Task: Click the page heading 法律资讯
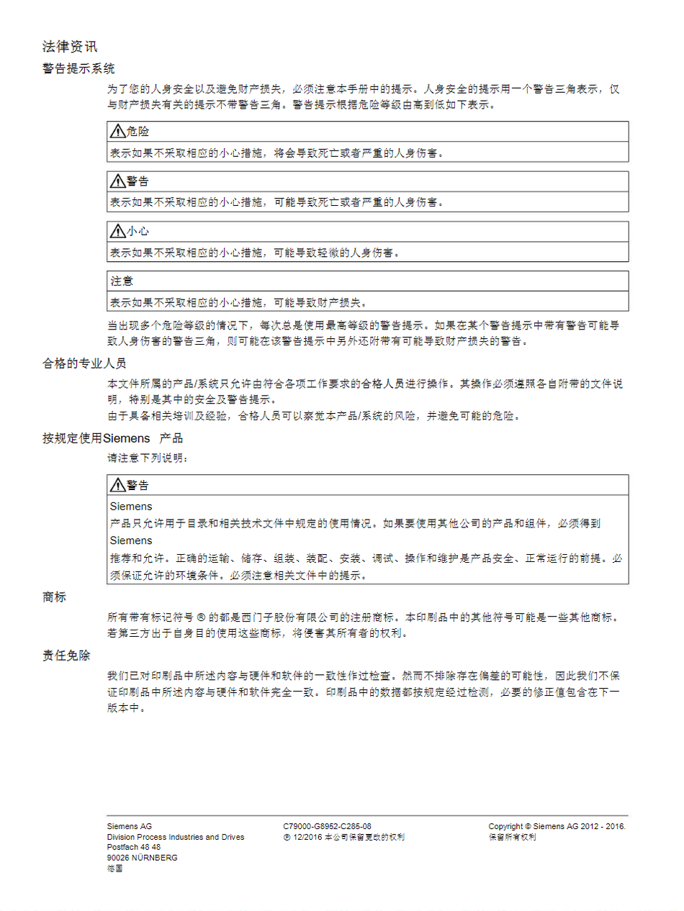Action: point(69,47)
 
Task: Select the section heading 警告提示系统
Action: point(78,69)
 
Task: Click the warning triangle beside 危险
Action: point(117,132)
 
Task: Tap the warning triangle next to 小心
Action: point(117,232)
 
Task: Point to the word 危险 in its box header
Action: point(138,132)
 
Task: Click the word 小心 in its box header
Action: point(138,232)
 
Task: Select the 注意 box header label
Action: point(121,281)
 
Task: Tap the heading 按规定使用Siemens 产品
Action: point(112,438)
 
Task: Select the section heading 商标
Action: point(54,597)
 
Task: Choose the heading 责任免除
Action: point(66,656)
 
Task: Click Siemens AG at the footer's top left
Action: point(130,826)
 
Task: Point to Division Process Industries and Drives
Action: point(176,837)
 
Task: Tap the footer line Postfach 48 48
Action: point(133,847)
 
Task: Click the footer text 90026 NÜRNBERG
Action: point(142,858)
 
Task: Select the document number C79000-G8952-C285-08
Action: point(328,826)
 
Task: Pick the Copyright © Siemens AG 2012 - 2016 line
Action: point(557,826)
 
